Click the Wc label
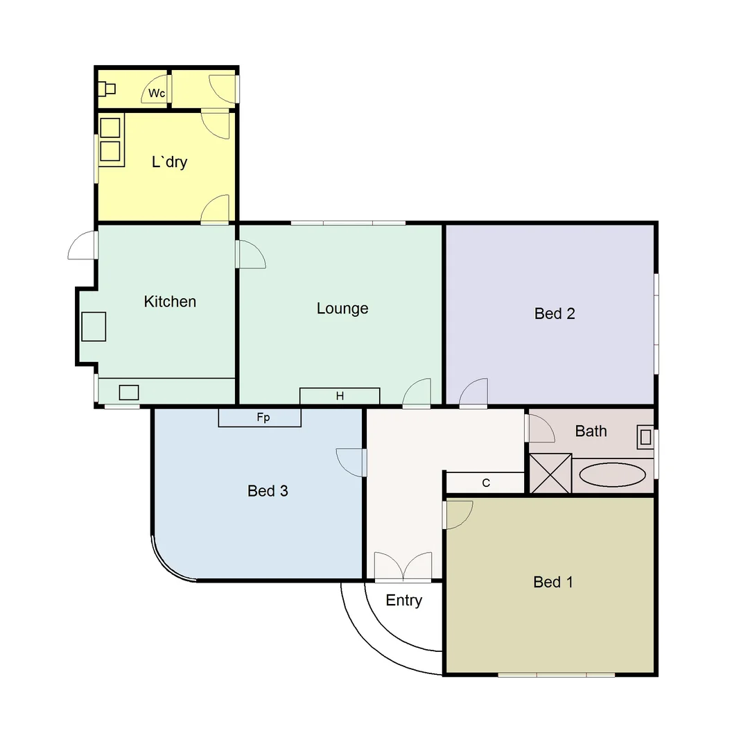click(157, 94)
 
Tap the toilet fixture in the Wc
click(106, 88)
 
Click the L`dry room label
click(170, 162)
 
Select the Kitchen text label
click(170, 302)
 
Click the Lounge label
click(342, 309)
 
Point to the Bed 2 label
click(555, 313)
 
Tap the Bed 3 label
click(268, 491)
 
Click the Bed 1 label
click(553, 582)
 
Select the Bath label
click(591, 431)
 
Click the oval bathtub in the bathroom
click(613, 475)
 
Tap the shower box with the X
click(550, 474)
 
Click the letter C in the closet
click(486, 483)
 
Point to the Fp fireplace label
click(263, 418)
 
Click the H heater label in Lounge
click(340, 397)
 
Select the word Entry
click(404, 601)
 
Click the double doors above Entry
click(403, 566)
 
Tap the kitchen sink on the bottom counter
click(129, 393)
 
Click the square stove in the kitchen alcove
click(94, 327)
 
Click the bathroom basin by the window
click(645, 437)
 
